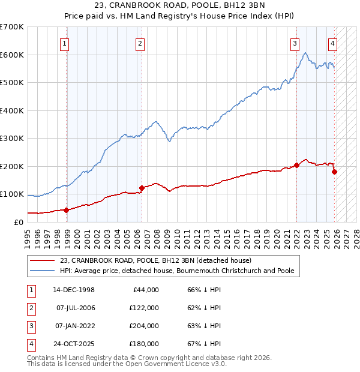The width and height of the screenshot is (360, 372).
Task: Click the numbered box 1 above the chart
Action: click(x=64, y=43)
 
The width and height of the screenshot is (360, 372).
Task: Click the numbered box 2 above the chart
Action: click(x=139, y=43)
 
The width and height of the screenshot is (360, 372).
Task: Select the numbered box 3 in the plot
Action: click(x=295, y=43)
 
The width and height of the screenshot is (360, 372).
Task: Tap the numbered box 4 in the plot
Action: click(x=332, y=43)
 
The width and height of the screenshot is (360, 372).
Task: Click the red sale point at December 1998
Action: click(x=67, y=210)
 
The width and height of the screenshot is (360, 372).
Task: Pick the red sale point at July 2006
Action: click(x=142, y=188)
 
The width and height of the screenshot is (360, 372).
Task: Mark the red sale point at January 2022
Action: click(x=296, y=165)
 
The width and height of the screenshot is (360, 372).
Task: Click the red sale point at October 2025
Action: click(x=334, y=172)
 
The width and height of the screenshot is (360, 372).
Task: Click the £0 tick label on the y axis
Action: click(x=18, y=223)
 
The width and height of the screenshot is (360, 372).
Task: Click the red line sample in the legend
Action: click(x=43, y=260)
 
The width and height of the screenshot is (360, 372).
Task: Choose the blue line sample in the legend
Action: click(x=43, y=271)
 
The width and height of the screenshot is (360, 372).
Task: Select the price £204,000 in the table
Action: click(x=144, y=326)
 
